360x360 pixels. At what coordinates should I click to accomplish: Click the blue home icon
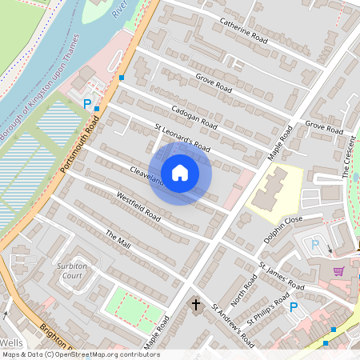coord(180,172)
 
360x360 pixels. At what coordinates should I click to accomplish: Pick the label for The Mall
coord(118,238)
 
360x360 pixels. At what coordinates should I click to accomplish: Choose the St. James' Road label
coord(281,276)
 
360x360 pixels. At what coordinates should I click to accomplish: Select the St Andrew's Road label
coord(232,325)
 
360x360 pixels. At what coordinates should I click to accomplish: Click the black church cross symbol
coord(195,305)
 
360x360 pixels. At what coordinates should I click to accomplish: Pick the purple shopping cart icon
coord(339,271)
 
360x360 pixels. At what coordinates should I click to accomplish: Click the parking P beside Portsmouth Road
coord(87,102)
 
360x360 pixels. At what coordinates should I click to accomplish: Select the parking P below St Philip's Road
coord(294,306)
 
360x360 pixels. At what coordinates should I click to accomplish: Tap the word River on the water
coord(120,10)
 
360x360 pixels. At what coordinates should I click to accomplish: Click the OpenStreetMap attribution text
coord(80,354)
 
